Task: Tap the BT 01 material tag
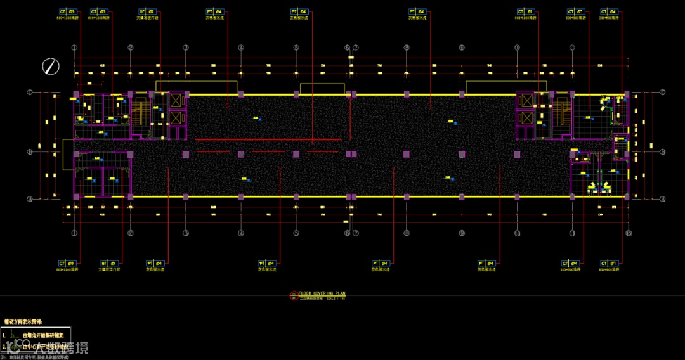108,262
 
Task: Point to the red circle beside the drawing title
293,294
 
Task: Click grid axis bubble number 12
629,233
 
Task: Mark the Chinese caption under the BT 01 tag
108,269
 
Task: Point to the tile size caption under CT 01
526,18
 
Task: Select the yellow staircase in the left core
140,114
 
